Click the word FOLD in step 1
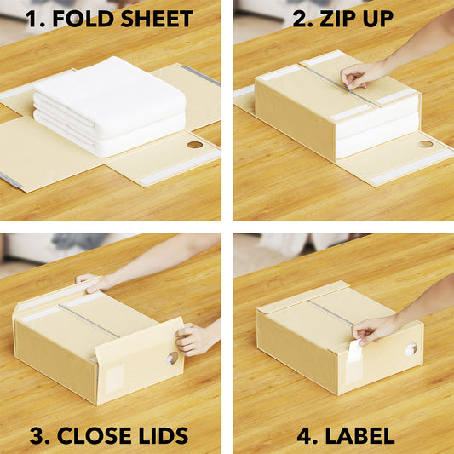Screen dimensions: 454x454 pyautogui.click(x=83, y=19)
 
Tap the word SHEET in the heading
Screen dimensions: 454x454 pyautogui.click(x=157, y=19)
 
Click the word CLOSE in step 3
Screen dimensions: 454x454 pyautogui.click(x=94, y=435)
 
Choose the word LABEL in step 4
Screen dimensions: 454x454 pyautogui.click(x=359, y=435)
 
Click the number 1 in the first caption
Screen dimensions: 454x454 pyautogui.click(x=32, y=19)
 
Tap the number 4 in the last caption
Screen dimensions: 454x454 pyautogui.click(x=307, y=435)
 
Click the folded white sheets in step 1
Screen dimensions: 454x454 pyautogui.click(x=109, y=106)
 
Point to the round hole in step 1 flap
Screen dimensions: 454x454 pyautogui.click(x=194, y=145)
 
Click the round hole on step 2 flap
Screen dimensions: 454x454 pyautogui.click(x=425, y=144)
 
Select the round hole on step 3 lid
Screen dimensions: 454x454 pyautogui.click(x=172, y=359)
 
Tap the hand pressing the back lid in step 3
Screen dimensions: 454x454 pyautogui.click(x=94, y=282)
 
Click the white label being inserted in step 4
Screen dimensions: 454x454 pyautogui.click(x=354, y=351)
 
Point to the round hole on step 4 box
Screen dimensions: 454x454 pyautogui.click(x=411, y=349)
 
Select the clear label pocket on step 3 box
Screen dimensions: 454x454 pyautogui.click(x=115, y=378)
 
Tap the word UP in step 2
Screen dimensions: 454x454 pyautogui.click(x=377, y=19)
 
